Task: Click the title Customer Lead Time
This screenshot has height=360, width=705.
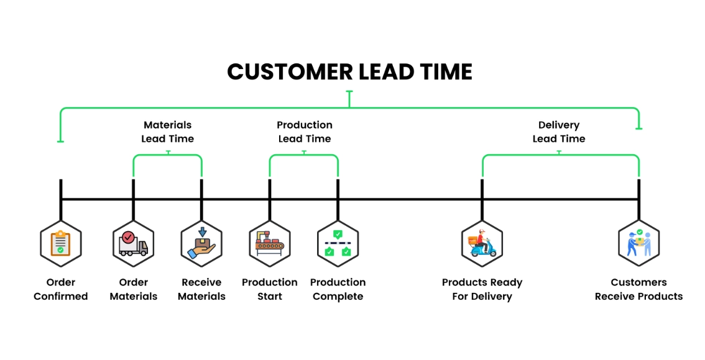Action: coord(349,72)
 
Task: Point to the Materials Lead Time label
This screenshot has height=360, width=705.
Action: coord(168,132)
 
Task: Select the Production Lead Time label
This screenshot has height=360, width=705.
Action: coord(305,132)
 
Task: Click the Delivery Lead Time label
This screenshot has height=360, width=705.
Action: coord(559,132)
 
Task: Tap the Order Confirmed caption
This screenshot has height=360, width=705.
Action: coord(61,289)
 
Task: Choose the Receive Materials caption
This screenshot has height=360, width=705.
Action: coord(201,289)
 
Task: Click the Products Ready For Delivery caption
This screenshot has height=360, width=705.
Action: coord(482,289)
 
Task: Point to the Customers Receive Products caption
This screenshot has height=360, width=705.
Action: coord(638,289)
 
